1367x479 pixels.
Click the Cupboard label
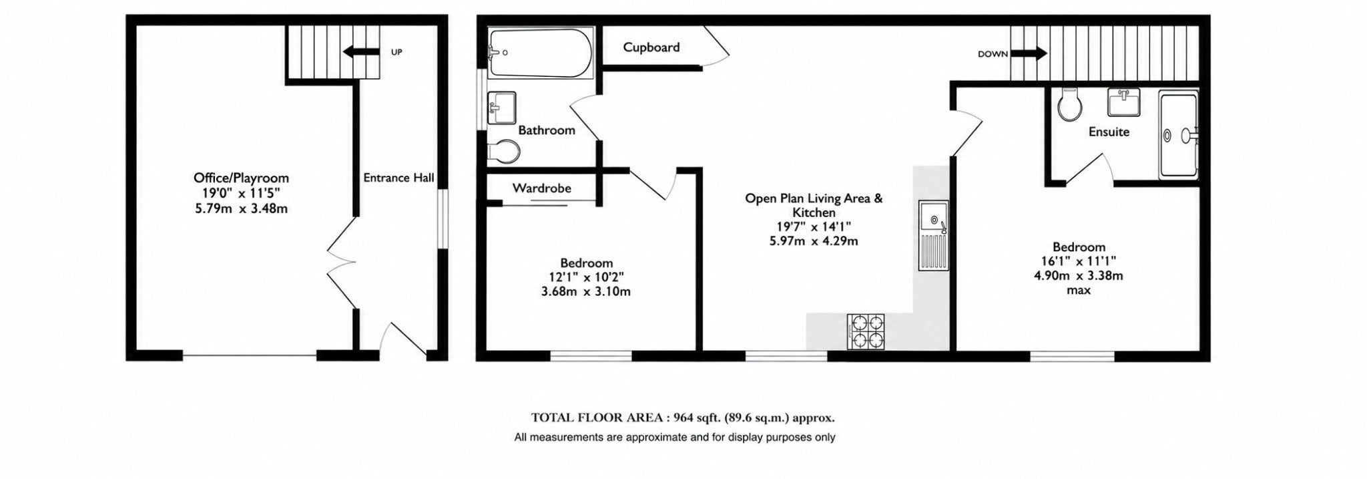pos(651,47)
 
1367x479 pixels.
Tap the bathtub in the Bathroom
pos(540,53)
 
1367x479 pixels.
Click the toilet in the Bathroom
pos(503,152)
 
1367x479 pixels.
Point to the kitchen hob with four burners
pos(866,332)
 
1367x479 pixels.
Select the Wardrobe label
pos(542,188)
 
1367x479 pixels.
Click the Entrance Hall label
pos(398,178)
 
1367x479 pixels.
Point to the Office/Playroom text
pos(241,178)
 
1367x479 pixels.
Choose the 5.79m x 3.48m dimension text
pos(241,209)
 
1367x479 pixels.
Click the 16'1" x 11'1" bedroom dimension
pos(1079,261)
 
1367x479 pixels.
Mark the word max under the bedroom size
pos(1079,291)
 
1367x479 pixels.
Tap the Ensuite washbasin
pos(1123,103)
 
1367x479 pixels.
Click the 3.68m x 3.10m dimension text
pos(586,292)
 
